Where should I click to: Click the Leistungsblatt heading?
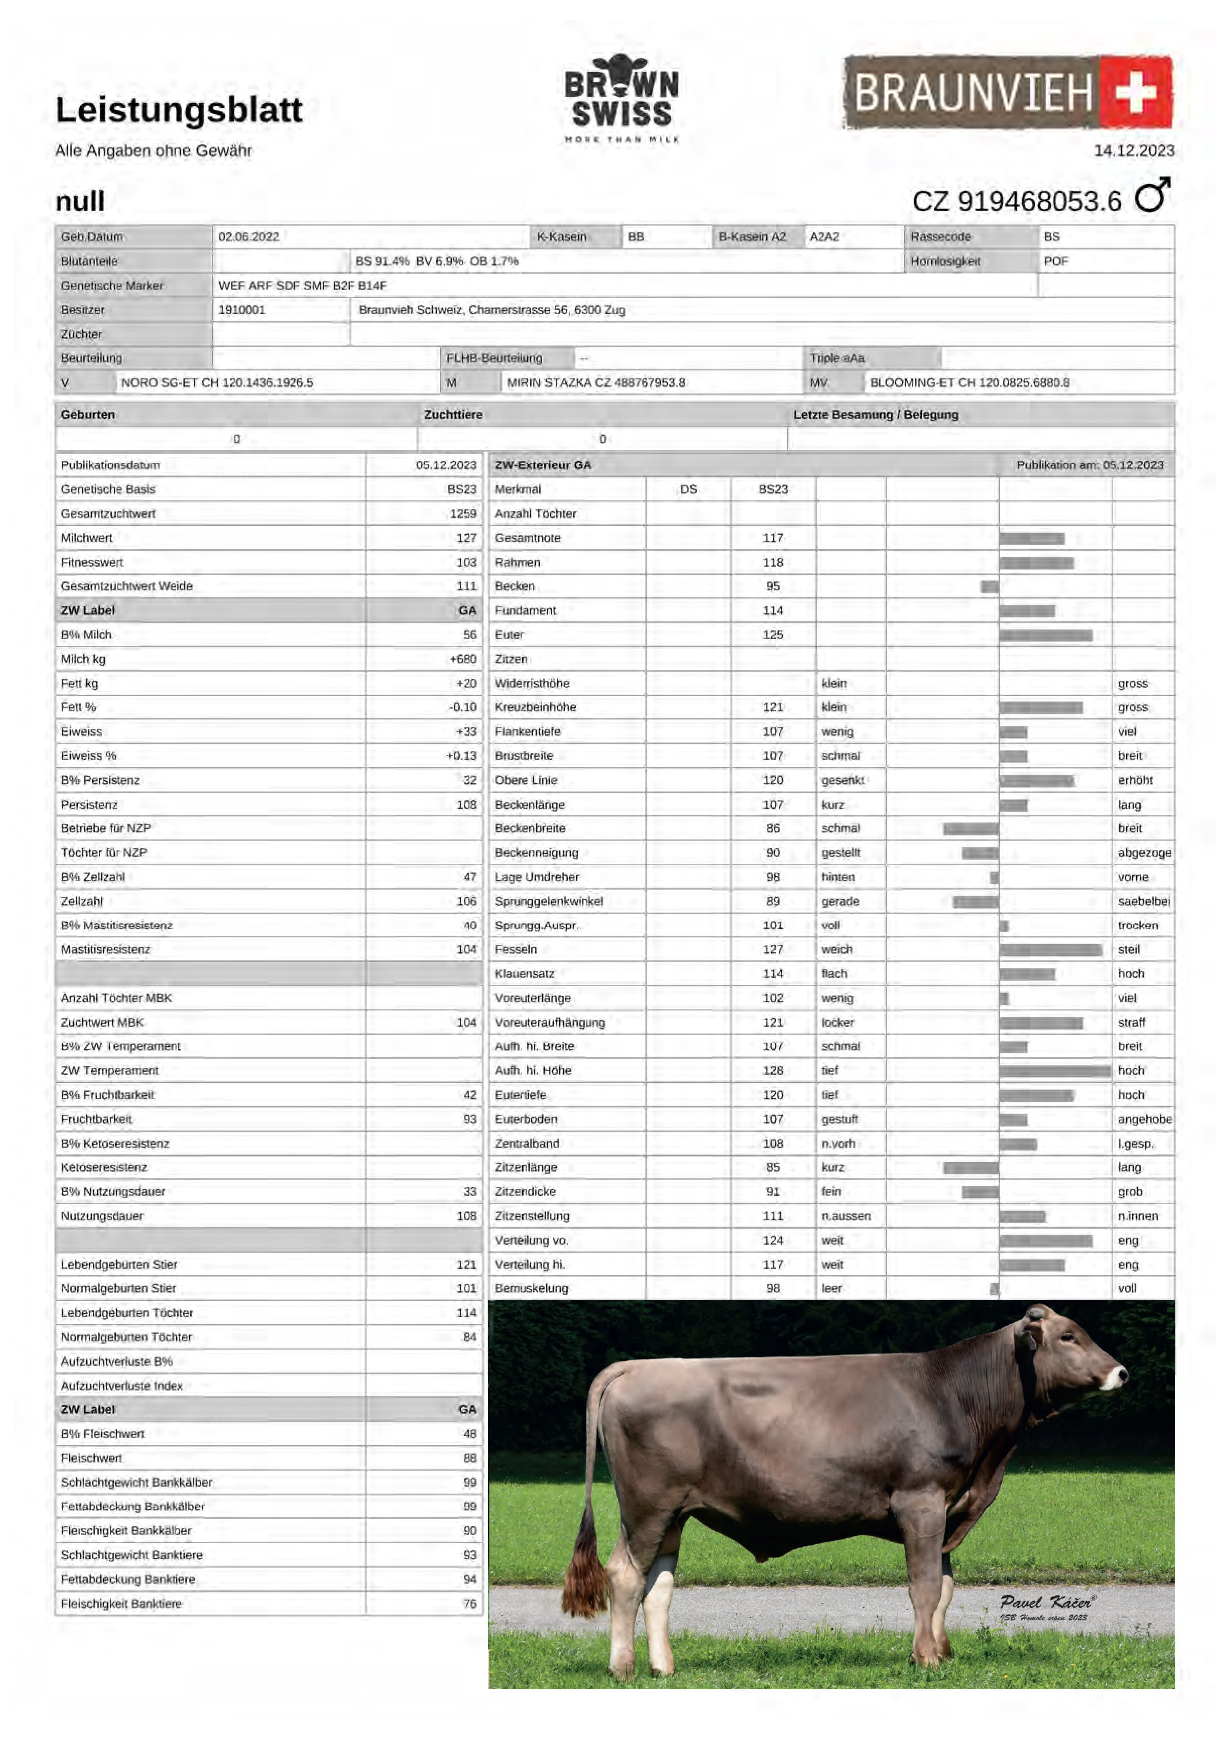179,110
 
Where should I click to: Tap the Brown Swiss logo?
621,99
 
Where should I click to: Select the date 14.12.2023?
1134,151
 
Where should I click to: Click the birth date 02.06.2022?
248,237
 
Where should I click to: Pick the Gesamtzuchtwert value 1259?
462,514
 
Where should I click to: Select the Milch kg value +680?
462,659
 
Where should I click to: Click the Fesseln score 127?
772,950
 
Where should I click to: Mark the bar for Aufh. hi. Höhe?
1055,1071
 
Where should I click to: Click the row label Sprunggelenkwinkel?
548,901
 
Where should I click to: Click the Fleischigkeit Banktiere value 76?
469,1604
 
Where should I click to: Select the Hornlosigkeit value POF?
1056,261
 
